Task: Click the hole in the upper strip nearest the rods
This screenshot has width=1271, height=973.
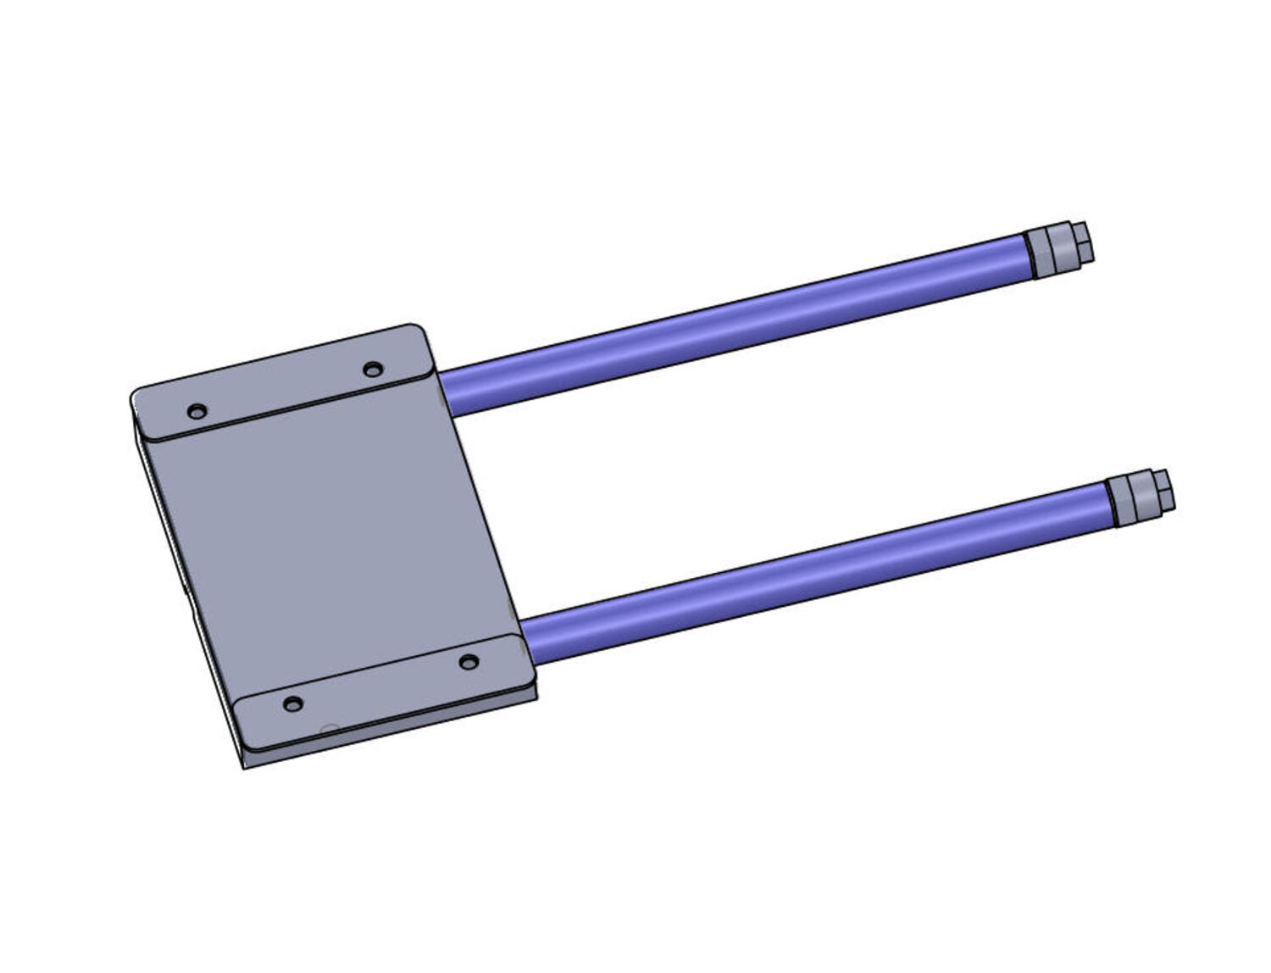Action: click(372, 369)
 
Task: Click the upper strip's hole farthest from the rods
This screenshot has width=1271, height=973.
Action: click(197, 412)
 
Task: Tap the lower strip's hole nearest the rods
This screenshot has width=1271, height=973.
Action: click(469, 661)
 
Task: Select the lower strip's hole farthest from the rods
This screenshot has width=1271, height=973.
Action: click(292, 704)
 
